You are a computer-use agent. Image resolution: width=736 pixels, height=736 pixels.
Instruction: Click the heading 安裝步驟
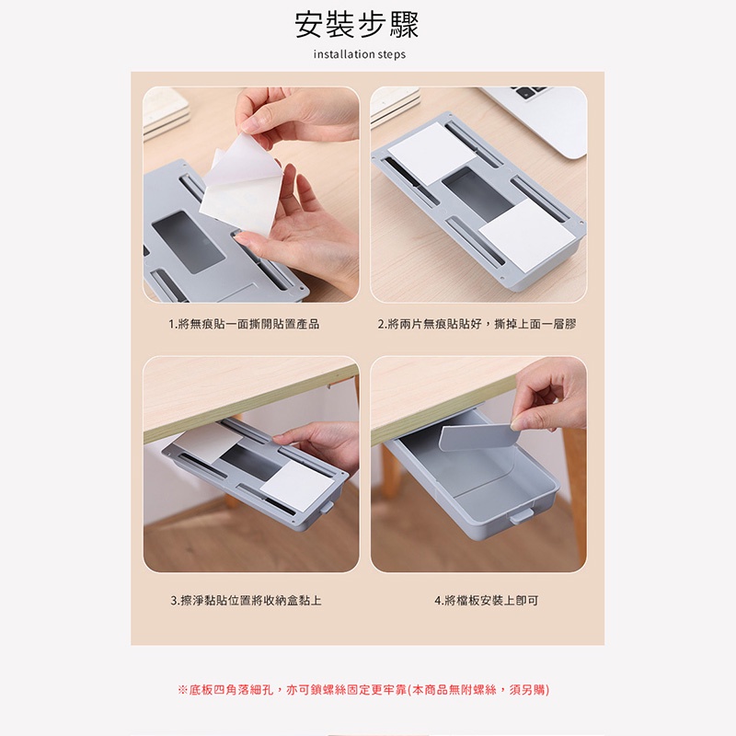[x=357, y=25]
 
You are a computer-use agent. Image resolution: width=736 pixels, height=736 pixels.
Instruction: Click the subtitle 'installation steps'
[x=359, y=54]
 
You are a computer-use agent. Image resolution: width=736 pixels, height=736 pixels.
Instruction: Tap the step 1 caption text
[x=244, y=324]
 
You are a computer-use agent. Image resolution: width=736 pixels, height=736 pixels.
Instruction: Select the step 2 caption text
[x=477, y=324]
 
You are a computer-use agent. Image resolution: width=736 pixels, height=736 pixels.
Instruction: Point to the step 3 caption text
[x=246, y=601]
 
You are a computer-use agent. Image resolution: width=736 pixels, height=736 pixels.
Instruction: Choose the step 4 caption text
[x=487, y=601]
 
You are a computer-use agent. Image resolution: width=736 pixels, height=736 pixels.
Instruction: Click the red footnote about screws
[x=363, y=689]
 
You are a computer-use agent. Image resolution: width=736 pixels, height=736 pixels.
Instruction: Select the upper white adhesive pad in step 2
[x=431, y=151]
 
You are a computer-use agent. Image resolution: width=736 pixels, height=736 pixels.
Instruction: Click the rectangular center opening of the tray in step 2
[x=477, y=192]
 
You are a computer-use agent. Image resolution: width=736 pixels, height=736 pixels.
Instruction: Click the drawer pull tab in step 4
[x=522, y=516]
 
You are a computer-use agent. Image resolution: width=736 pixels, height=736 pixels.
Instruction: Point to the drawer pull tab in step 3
[x=328, y=509]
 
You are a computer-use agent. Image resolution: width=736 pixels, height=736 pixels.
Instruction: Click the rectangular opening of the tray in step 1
[x=189, y=242]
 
